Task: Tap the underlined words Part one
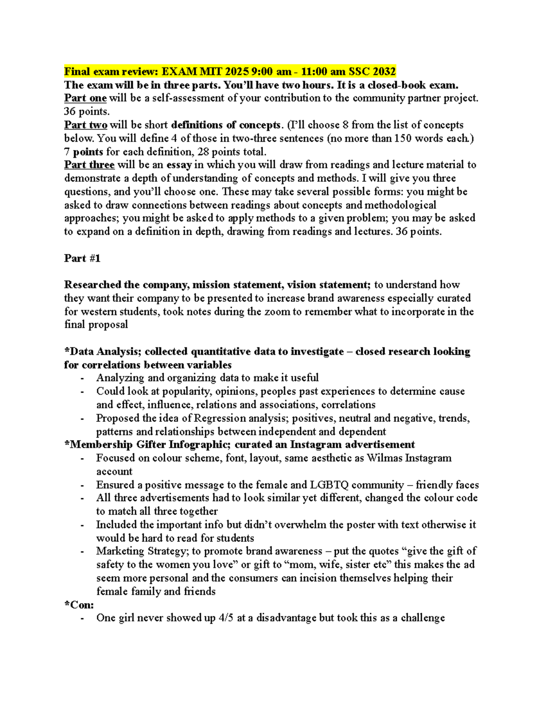click(85, 98)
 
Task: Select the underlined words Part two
click(86, 125)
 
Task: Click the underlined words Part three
click(89, 165)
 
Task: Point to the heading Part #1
click(82, 258)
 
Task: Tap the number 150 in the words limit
click(403, 138)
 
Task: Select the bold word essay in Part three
click(179, 165)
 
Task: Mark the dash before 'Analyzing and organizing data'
click(82, 378)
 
